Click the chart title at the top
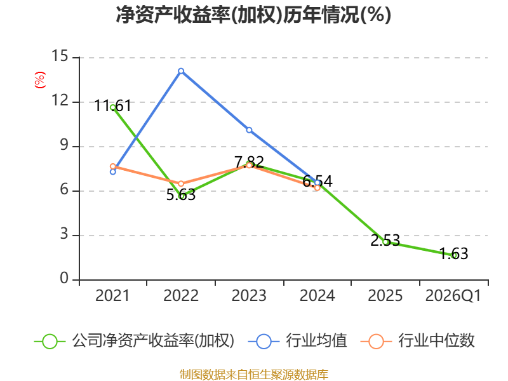[253, 15]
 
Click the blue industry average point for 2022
[181, 71]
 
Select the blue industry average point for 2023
[249, 130]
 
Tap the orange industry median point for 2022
[181, 184]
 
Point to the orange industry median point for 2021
[113, 166]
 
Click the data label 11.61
[113, 106]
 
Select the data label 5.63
[181, 195]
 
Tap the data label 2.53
[385, 240]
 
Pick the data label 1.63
[453, 253]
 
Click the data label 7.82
[249, 162]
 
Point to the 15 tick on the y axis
[60, 56]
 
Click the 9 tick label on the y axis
[64, 145]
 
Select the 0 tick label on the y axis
[64, 278]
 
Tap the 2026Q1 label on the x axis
[453, 295]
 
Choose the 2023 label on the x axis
[249, 295]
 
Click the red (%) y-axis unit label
[40, 80]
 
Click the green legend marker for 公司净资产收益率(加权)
[50, 342]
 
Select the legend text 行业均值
[316, 340]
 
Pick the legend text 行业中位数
[436, 340]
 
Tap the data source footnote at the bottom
[253, 375]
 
